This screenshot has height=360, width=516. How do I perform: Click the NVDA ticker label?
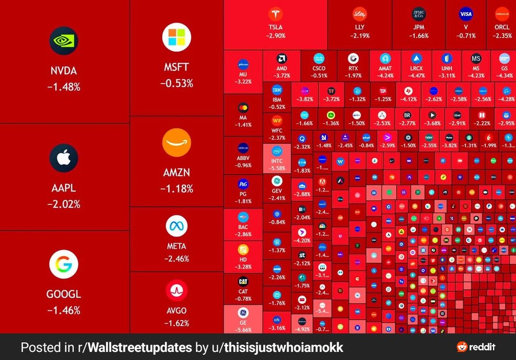[x=63, y=71]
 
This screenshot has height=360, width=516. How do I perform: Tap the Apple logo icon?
[x=63, y=158]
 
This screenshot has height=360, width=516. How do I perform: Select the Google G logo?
[x=63, y=264]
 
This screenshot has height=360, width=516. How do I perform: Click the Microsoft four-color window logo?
[x=176, y=37]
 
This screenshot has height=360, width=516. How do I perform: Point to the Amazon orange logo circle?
[x=176, y=142]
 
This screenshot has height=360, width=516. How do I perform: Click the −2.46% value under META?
[x=176, y=259]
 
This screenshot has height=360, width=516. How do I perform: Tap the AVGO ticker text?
[x=176, y=310]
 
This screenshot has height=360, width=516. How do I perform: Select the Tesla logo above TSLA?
[x=275, y=14]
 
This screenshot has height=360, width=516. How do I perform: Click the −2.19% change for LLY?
[x=360, y=36]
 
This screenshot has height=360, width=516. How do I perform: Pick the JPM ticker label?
[x=419, y=27]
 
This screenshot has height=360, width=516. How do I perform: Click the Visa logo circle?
[x=466, y=14]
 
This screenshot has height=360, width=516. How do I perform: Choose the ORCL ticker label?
[x=502, y=27]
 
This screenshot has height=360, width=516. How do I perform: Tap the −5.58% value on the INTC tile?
[x=277, y=168]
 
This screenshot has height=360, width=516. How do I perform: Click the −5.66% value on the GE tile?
[x=243, y=330]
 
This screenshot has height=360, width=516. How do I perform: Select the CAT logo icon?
[x=243, y=282]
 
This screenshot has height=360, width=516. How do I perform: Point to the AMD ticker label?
[x=282, y=69]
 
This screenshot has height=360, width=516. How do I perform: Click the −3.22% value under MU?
[x=243, y=82]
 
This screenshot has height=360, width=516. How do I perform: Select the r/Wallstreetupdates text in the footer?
[x=128, y=347]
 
